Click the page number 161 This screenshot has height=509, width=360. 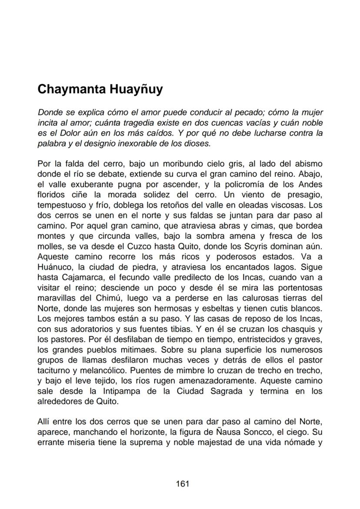[182, 483]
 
